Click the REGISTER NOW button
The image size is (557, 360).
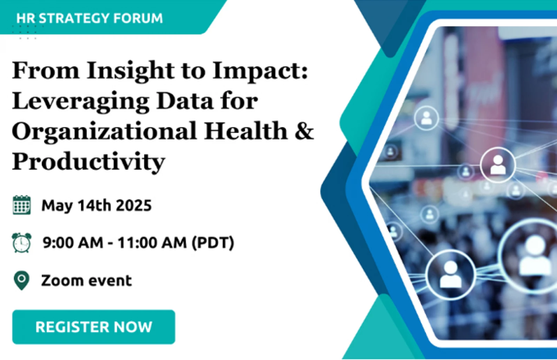click(x=94, y=327)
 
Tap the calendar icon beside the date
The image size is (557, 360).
click(x=22, y=205)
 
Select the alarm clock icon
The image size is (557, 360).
click(x=22, y=242)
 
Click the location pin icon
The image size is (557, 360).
click(x=22, y=280)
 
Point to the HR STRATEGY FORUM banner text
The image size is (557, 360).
click(x=90, y=18)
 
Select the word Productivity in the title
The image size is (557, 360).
click(x=89, y=162)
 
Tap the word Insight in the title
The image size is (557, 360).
click(x=131, y=71)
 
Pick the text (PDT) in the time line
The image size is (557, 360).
click(x=213, y=242)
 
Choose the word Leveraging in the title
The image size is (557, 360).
click(x=81, y=102)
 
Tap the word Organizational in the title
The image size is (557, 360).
click(x=105, y=132)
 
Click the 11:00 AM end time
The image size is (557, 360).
click(x=152, y=242)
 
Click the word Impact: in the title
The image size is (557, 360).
click(x=260, y=71)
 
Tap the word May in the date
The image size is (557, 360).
click(x=57, y=206)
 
